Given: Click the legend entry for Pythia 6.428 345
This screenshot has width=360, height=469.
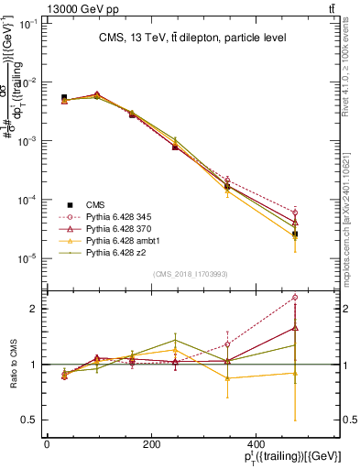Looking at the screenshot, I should (111, 215).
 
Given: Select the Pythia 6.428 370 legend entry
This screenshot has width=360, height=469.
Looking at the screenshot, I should (111, 226).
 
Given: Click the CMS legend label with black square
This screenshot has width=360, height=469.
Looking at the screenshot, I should (94, 203).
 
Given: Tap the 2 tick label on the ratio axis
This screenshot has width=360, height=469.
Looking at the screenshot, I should (33, 309).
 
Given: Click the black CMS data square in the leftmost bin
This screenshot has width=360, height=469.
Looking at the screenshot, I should (64, 97).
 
